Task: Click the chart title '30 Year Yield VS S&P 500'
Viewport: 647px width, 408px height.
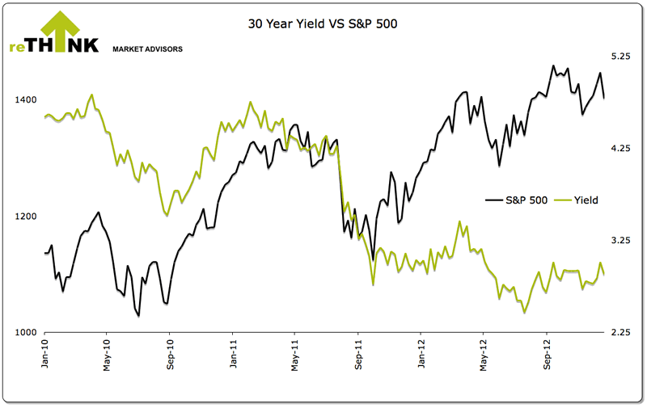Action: pos(323,24)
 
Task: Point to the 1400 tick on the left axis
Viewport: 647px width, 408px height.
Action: pos(27,100)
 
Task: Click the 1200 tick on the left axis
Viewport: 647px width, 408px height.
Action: pos(27,217)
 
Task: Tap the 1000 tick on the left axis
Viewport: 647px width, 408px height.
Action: pos(27,333)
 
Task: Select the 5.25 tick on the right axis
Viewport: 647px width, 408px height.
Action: pos(620,57)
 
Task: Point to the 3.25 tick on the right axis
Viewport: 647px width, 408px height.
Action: pos(620,241)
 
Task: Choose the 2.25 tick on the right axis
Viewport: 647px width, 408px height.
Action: pos(620,333)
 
